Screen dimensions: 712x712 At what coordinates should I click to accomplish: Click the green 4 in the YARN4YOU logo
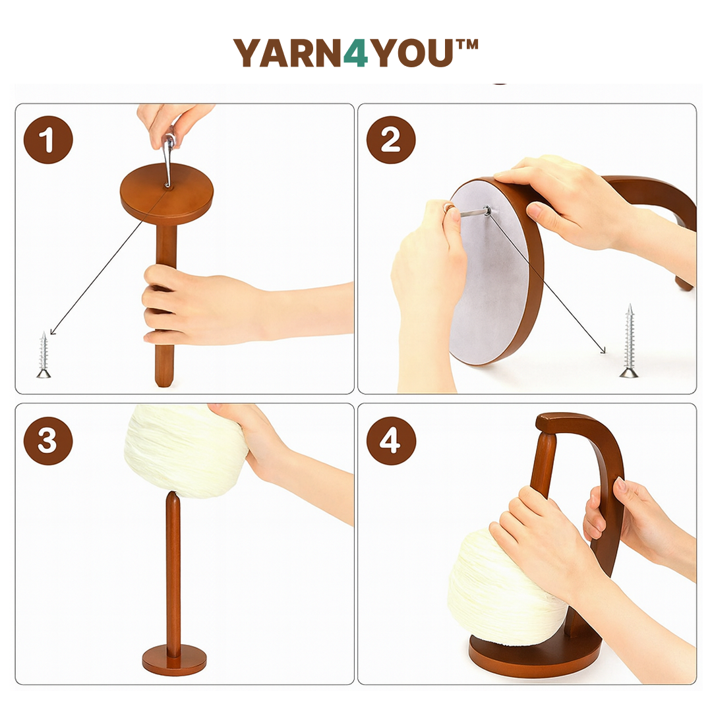coord(356,53)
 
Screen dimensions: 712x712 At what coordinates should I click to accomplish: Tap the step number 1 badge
coord(48,140)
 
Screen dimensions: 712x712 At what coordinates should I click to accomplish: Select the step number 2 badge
coord(391,140)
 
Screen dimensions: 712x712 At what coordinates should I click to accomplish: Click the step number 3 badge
coord(48,440)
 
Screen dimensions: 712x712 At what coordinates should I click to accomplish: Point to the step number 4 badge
coord(391,440)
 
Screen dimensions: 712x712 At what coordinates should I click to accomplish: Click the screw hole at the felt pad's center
coord(487,212)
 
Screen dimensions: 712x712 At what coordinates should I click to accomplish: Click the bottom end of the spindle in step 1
coord(165,379)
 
